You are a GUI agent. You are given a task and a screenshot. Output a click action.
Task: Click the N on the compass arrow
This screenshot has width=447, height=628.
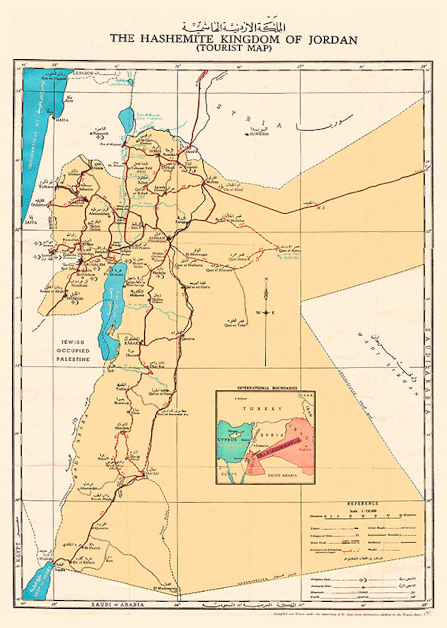click(x=265, y=279)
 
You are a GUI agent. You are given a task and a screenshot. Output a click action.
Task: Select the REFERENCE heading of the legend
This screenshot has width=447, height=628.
click(x=363, y=503)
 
